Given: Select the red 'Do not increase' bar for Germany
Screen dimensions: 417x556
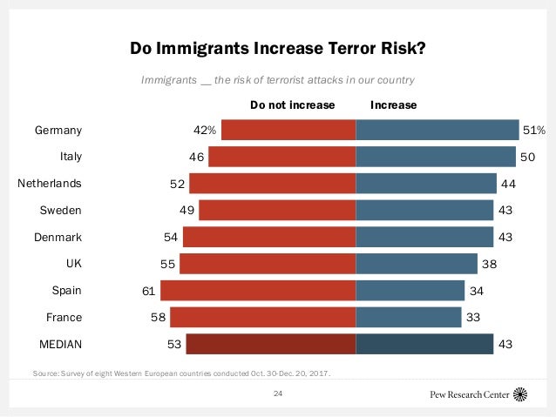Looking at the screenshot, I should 288,130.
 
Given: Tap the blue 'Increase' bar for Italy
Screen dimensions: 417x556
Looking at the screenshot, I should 436,157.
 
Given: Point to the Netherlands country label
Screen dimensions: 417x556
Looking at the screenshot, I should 50,184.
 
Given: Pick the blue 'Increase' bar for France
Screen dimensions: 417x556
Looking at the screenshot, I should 408,318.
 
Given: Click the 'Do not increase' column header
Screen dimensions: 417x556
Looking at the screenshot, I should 292,104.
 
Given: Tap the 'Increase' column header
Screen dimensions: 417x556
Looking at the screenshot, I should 393,104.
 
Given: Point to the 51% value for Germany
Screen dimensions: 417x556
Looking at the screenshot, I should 533,131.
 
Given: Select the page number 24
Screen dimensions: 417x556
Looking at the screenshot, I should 278,393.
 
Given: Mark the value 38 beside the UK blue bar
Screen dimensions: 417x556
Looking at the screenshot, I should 491,264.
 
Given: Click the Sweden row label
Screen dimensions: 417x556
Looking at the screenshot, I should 61,211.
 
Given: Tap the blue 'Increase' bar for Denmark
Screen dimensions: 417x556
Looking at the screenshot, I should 424,237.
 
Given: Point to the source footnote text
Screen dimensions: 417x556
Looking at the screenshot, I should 181,373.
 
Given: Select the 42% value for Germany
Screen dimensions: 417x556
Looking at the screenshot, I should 204,131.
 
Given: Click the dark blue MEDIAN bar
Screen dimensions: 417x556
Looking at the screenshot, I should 424,345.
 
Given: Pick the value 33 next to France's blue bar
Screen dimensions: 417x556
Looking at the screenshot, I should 473,318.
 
